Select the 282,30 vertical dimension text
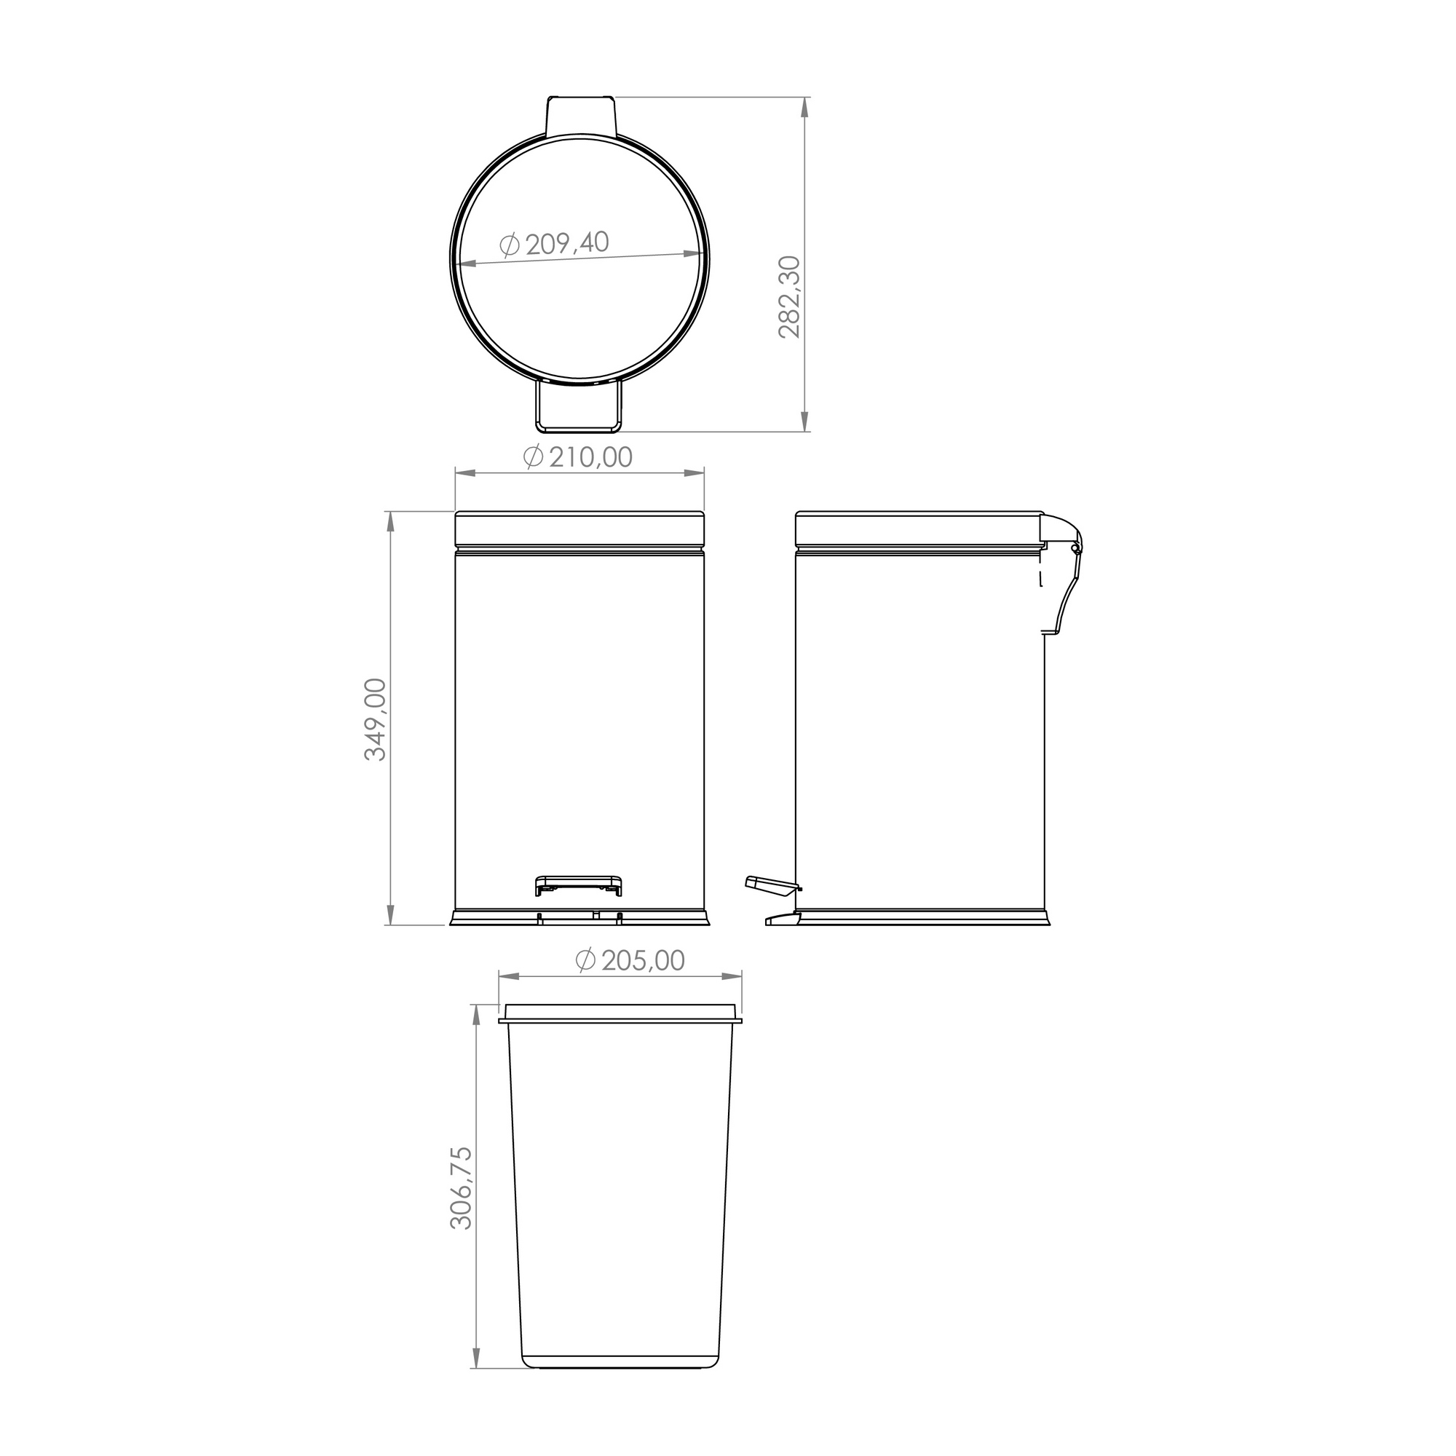point(790,297)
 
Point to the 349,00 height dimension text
point(376,720)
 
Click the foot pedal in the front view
point(579,885)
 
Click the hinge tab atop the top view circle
point(580,116)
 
